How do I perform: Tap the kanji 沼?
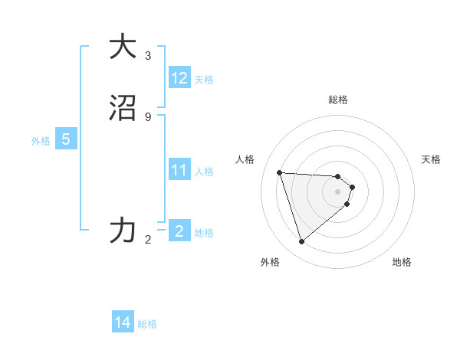click(123, 108)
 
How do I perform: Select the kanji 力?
click(123, 229)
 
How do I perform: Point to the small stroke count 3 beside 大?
click(148, 55)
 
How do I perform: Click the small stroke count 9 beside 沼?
click(148, 116)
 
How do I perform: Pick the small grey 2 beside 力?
click(148, 240)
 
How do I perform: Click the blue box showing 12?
click(179, 78)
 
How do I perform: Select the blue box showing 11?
click(179, 169)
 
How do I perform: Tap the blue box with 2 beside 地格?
click(179, 230)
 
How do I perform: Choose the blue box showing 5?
click(66, 139)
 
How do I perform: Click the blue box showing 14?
click(123, 322)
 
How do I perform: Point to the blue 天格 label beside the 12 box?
click(204, 80)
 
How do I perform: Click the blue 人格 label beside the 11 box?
click(205, 171)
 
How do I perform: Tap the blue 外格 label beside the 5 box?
click(41, 141)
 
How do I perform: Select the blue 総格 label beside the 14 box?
click(147, 324)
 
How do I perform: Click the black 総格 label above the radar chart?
click(338, 100)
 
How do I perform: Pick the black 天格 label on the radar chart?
click(432, 159)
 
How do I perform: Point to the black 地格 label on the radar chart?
click(402, 262)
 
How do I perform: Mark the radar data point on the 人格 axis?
click(280, 172)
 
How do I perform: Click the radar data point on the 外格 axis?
click(302, 242)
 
